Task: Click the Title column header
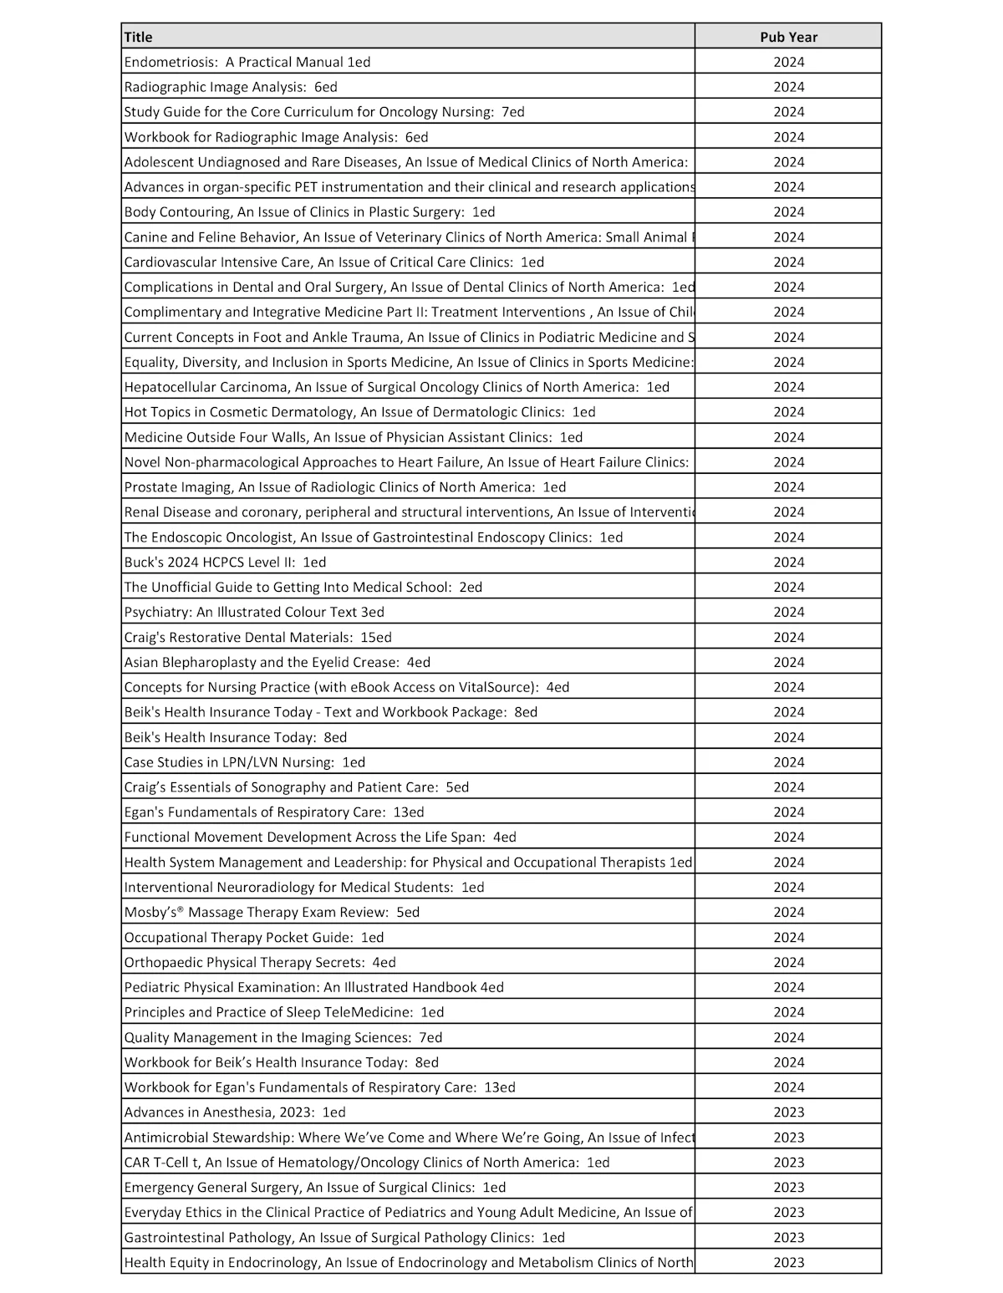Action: [x=139, y=37]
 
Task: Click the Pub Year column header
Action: [x=788, y=37]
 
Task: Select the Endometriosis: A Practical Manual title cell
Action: [x=247, y=62]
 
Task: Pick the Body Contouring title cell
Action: [x=309, y=212]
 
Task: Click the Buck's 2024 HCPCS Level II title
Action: [x=225, y=563]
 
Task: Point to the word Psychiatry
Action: [x=158, y=613]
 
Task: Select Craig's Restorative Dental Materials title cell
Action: [x=257, y=638]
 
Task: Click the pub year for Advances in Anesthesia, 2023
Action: [x=788, y=1112]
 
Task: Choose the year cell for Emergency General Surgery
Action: [x=788, y=1188]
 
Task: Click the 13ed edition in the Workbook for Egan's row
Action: [x=500, y=1087]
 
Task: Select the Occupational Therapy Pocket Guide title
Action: [x=254, y=938]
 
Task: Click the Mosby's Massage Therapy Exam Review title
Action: [x=272, y=913]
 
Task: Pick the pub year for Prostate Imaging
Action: [x=788, y=487]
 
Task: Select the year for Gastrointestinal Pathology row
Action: [x=788, y=1238]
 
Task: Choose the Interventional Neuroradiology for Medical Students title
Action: [x=304, y=888]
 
